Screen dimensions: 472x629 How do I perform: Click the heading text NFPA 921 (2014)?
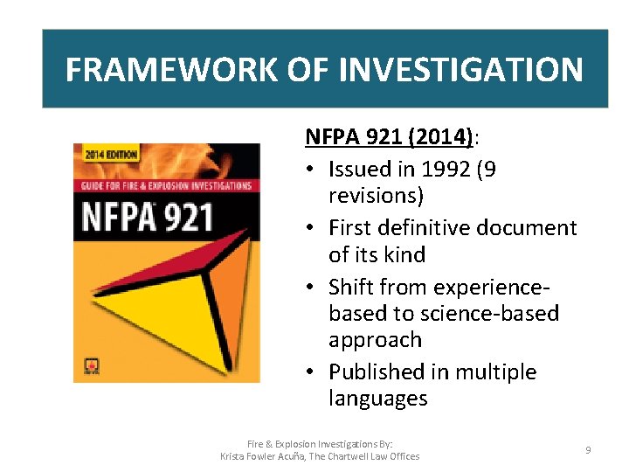(x=389, y=137)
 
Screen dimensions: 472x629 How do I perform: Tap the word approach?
(x=375, y=340)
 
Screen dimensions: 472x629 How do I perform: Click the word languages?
(x=378, y=399)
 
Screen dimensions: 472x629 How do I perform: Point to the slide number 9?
(x=588, y=449)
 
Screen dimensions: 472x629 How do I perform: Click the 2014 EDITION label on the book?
(x=109, y=155)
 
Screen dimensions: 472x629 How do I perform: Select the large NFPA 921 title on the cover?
(x=149, y=214)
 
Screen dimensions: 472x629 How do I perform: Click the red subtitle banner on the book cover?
(x=167, y=185)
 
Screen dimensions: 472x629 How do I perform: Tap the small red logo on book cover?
(x=86, y=366)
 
